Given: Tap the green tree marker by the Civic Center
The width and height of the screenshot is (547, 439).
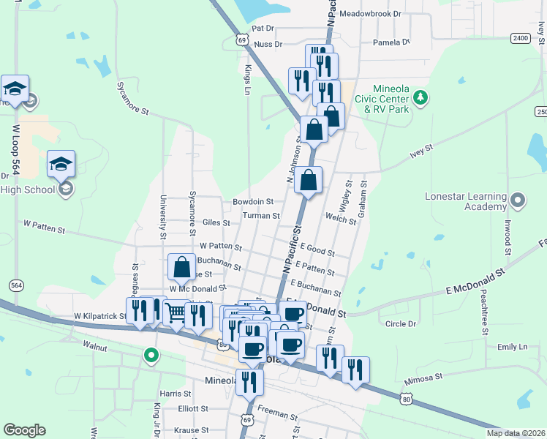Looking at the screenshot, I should click(420, 97).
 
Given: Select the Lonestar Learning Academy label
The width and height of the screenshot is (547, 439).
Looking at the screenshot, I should click(466, 202).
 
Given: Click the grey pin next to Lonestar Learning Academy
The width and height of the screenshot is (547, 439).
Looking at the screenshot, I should click(518, 200).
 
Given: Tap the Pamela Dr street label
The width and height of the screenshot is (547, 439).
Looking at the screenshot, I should click(391, 42).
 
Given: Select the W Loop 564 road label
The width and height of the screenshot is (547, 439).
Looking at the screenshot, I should click(15, 149).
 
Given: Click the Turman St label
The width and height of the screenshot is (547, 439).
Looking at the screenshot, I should click(261, 216).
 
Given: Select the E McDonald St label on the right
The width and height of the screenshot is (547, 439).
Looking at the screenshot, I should click(476, 282).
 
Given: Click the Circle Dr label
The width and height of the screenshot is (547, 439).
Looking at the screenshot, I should click(400, 323).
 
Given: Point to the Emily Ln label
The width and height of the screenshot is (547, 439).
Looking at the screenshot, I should click(512, 348).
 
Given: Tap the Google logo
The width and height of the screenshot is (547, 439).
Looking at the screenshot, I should click(24, 430).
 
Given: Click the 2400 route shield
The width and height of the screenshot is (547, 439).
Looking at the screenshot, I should click(520, 37).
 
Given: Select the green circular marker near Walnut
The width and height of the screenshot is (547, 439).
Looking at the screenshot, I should click(151, 356).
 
